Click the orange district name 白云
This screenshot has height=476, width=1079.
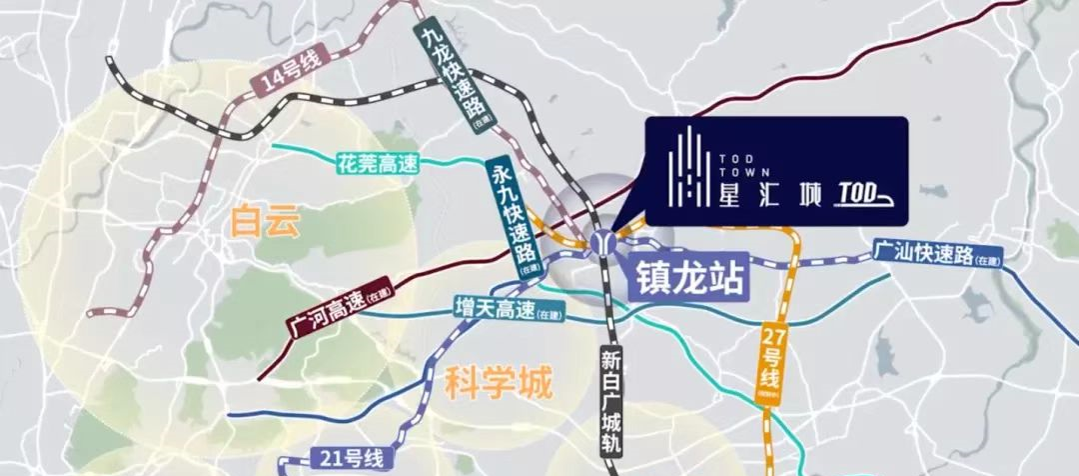264,220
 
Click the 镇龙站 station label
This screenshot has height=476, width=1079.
688,275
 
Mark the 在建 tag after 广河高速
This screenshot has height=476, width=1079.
381,298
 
